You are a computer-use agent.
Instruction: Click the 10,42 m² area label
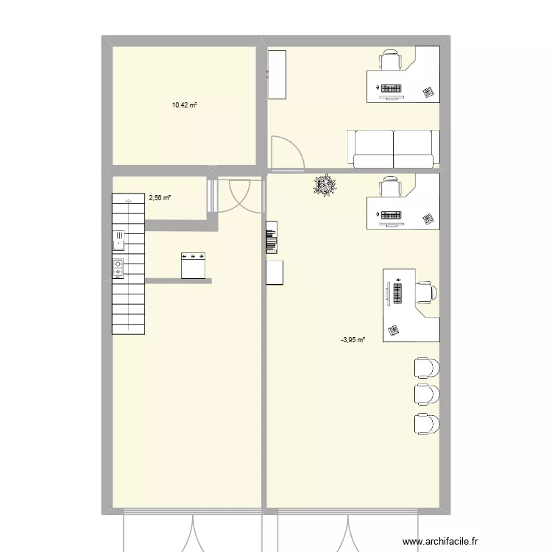[x=185, y=105]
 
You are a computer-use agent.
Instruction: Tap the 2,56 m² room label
[x=160, y=197]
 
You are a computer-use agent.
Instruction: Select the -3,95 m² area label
[x=353, y=339]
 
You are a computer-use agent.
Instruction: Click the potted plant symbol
[x=324, y=185]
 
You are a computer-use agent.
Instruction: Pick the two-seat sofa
[x=393, y=149]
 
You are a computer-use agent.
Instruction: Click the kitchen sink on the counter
[x=118, y=240]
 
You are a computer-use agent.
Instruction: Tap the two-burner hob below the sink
[x=118, y=268]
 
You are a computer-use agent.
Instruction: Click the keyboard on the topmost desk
[x=391, y=90]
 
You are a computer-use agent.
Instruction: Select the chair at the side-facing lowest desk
[x=426, y=293]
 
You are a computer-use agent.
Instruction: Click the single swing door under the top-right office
[x=286, y=153]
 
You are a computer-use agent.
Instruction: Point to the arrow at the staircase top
[x=128, y=199]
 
